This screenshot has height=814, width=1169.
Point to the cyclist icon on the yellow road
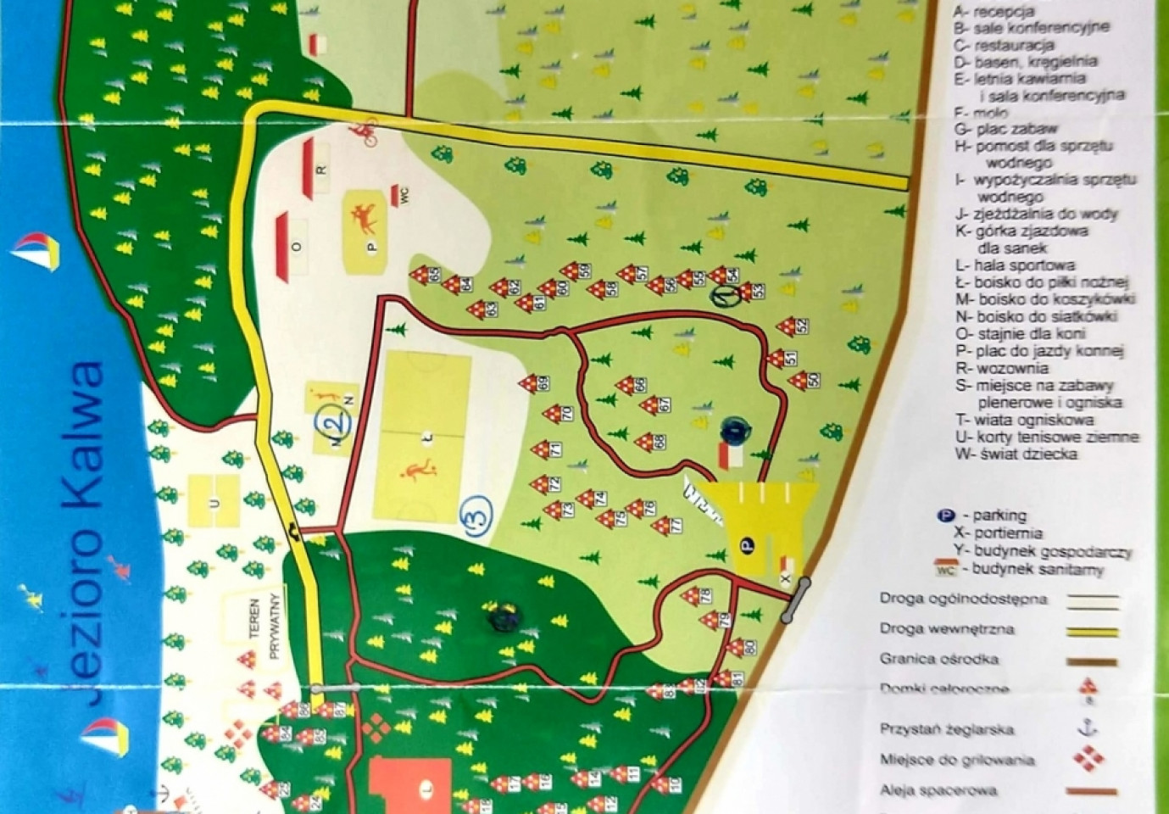click(x=365, y=131)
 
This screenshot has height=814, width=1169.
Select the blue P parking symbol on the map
click(x=746, y=545)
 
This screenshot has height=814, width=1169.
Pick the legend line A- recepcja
click(x=993, y=11)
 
